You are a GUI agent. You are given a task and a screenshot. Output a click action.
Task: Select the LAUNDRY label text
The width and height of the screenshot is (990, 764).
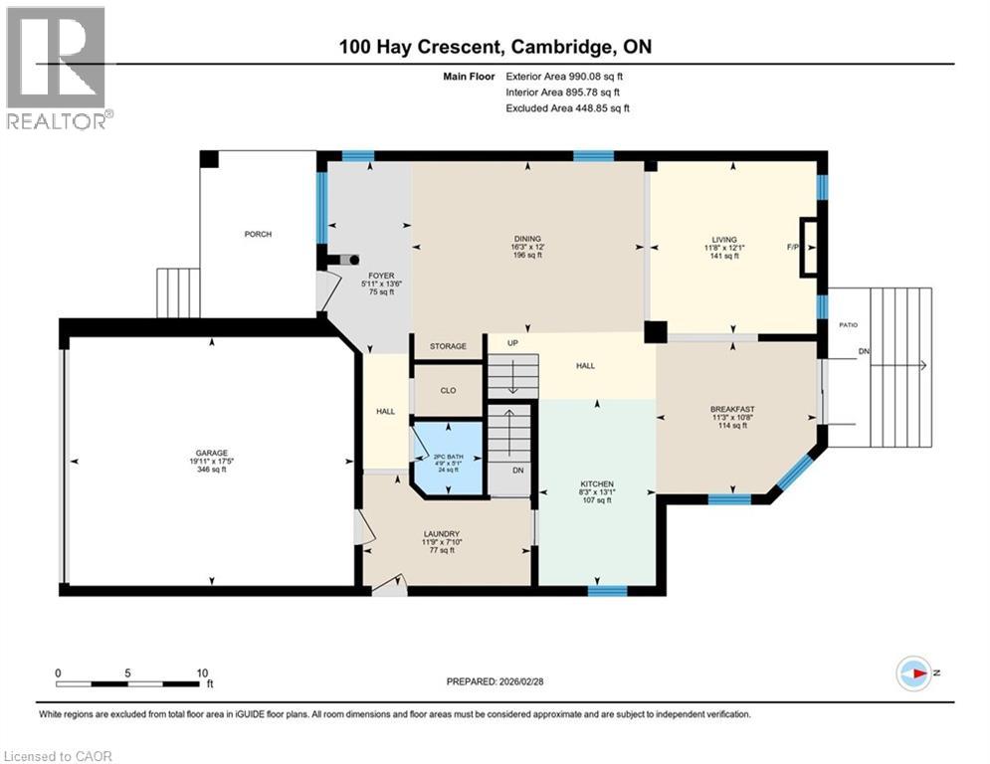(441, 534)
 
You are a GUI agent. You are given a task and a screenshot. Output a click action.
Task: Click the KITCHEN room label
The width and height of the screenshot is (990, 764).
(597, 484)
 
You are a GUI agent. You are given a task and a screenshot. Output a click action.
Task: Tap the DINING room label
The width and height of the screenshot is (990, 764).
(527, 239)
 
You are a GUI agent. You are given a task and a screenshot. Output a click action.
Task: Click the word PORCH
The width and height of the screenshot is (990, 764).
(258, 234)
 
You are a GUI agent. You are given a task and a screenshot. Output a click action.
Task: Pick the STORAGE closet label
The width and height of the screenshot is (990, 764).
(448, 346)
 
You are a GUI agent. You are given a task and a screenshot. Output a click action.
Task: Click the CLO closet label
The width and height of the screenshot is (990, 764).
(448, 390)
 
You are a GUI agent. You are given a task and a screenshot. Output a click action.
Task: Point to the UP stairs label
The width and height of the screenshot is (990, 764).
(514, 342)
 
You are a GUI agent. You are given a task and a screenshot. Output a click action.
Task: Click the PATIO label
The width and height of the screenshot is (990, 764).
(847, 324)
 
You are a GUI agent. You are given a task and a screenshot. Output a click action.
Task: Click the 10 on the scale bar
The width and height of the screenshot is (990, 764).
(203, 672)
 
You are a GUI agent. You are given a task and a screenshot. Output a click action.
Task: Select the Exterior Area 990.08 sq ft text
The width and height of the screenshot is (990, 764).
(564, 76)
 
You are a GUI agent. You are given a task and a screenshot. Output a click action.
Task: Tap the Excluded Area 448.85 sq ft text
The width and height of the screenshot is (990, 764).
(567, 108)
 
